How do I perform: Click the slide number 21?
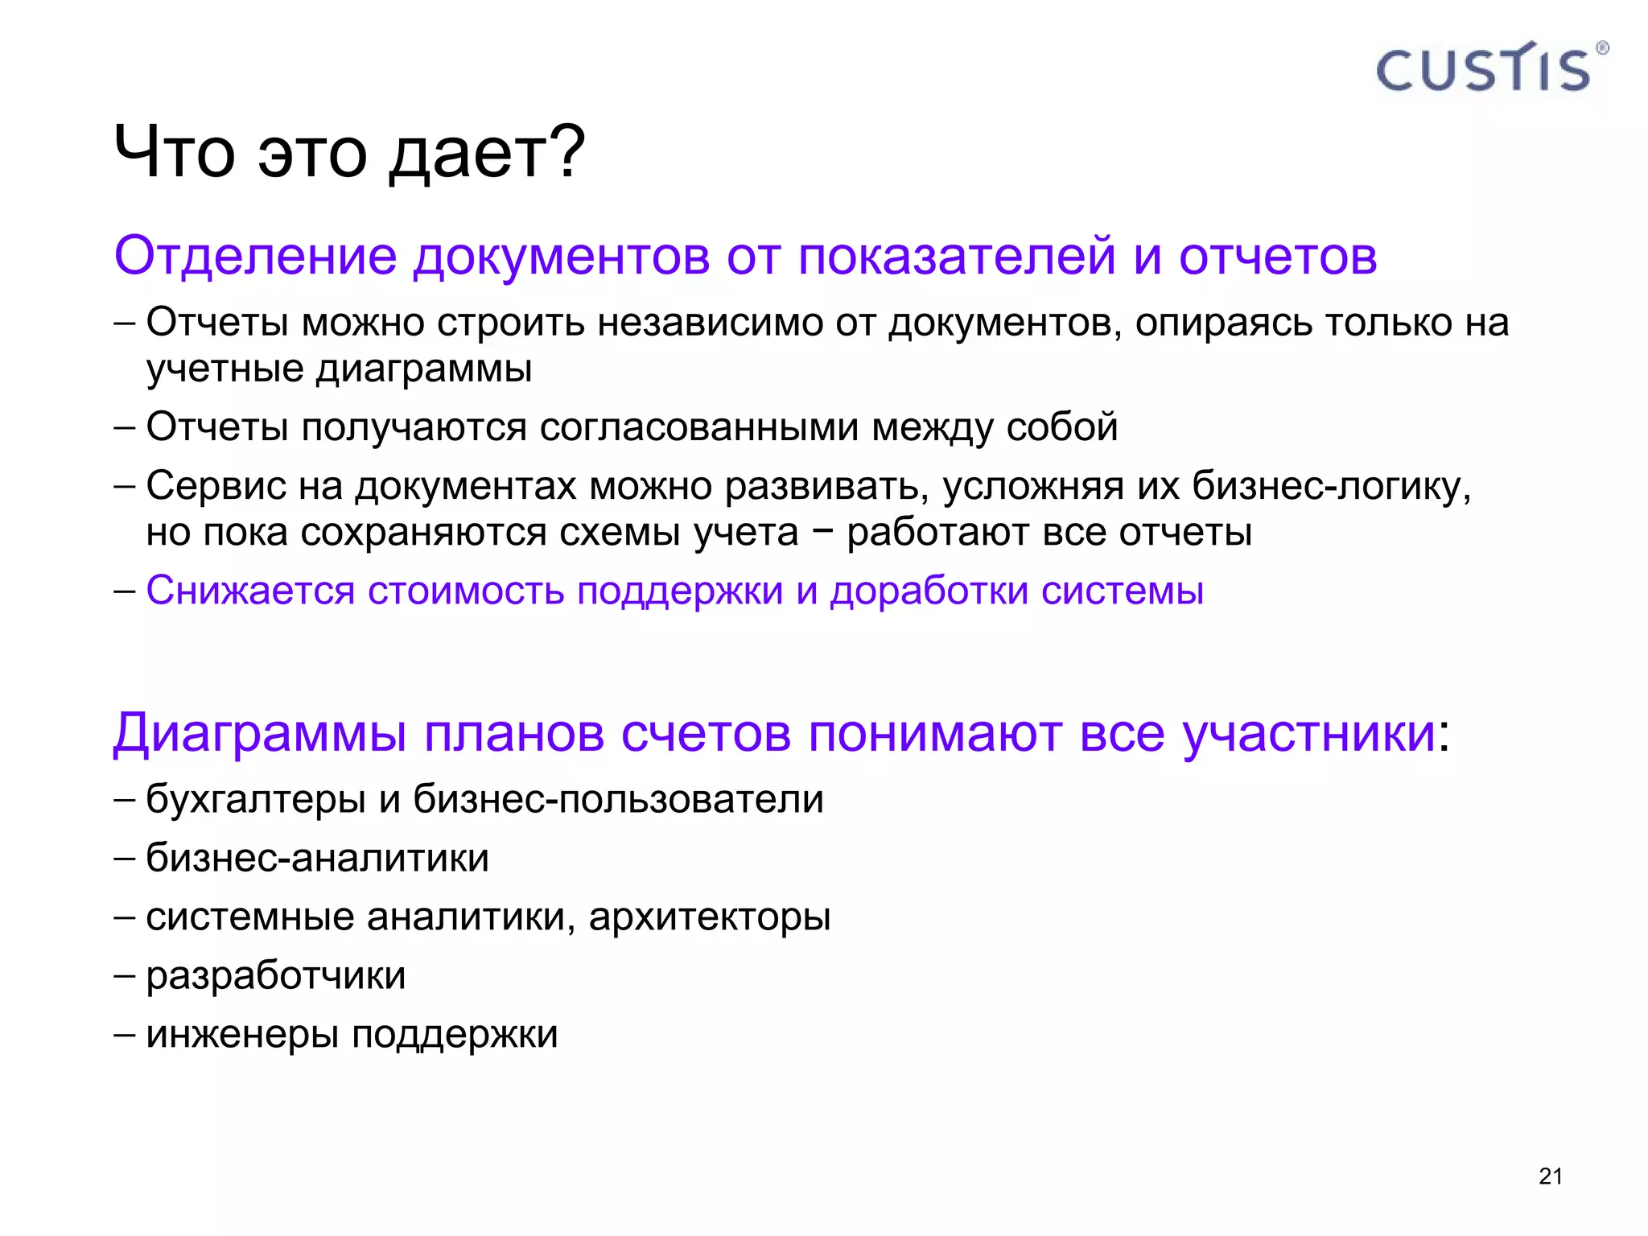(x=1550, y=1176)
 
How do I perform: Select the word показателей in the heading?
(x=957, y=256)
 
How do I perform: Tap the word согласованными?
(x=698, y=426)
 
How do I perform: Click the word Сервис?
(x=216, y=485)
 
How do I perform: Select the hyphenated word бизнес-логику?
(x=1331, y=487)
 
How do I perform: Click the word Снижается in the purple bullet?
(x=250, y=591)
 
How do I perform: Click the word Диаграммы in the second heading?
(x=260, y=734)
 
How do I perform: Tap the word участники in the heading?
(x=1309, y=734)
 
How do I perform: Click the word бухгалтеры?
(x=256, y=800)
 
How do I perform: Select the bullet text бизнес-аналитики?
(x=317, y=858)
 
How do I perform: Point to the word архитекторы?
(x=710, y=917)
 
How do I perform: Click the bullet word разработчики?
(x=276, y=976)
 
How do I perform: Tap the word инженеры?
(x=242, y=1035)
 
